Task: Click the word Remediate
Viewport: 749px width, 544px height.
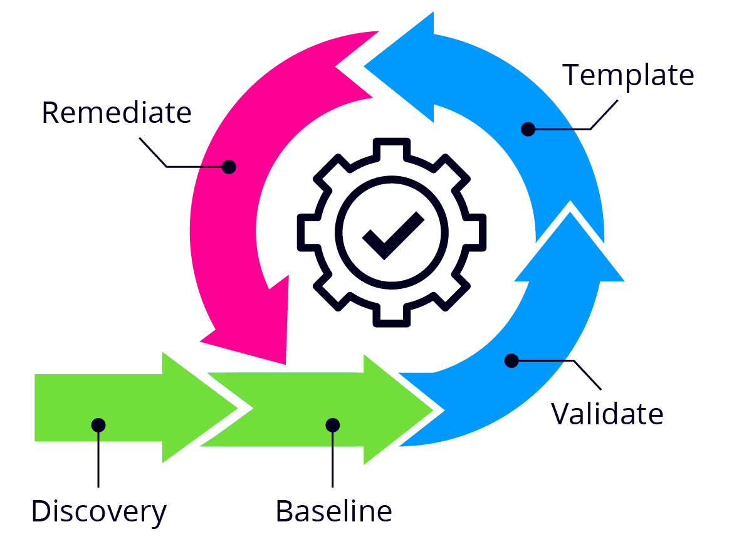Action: (116, 113)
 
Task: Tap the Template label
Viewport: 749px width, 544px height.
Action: (628, 76)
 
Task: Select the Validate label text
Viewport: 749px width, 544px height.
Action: (607, 414)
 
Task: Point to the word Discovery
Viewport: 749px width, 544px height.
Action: (99, 511)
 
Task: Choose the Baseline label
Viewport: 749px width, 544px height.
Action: (333, 511)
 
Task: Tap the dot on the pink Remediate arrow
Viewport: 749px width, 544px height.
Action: (229, 167)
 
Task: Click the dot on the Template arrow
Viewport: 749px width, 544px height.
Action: (528, 129)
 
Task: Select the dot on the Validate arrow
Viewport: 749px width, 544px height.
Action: (511, 360)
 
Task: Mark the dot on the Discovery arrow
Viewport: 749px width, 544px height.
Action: (98, 425)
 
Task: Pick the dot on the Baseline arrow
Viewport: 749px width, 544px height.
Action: (333, 425)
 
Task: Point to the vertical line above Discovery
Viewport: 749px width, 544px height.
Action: (98, 458)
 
